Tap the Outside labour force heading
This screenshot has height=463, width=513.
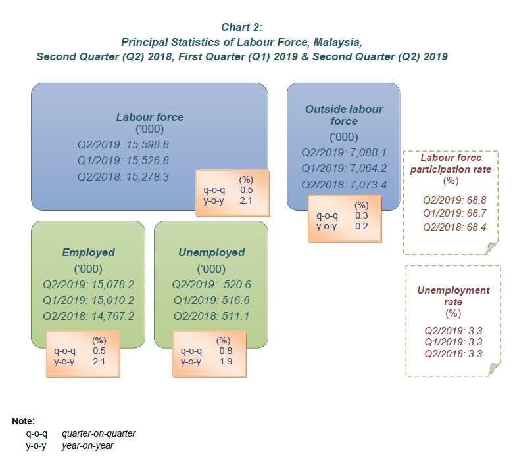(344, 115)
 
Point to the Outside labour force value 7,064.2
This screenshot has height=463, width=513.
(364, 167)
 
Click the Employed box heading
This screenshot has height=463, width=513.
(88, 252)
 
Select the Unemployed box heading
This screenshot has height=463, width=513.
(211, 252)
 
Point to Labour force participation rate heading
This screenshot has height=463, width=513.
(451, 164)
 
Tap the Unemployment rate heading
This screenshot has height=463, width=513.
(453, 296)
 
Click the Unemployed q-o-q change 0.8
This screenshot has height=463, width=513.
(224, 351)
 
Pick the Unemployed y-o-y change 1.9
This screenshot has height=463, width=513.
(224, 361)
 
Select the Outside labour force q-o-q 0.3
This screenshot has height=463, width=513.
(361, 215)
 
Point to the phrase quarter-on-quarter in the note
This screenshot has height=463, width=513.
(99, 433)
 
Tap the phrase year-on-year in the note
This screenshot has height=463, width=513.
(87, 445)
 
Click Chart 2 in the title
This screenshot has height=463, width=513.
(242, 27)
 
